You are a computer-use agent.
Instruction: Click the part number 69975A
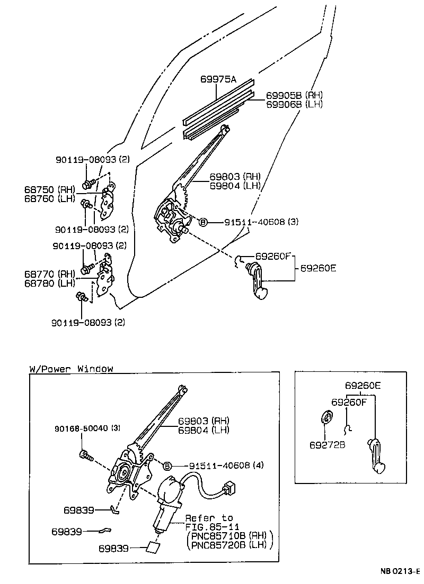[218, 80]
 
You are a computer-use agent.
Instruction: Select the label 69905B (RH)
[287, 95]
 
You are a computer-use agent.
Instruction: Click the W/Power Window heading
[71, 369]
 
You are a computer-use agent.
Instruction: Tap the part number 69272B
[328, 444]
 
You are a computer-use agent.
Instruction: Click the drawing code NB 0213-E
[399, 572]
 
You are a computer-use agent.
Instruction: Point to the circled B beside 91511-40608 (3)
[202, 222]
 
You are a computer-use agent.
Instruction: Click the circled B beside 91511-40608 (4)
[167, 466]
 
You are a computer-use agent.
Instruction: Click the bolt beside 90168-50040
[86, 455]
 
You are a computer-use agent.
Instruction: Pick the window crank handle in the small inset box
[376, 455]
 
